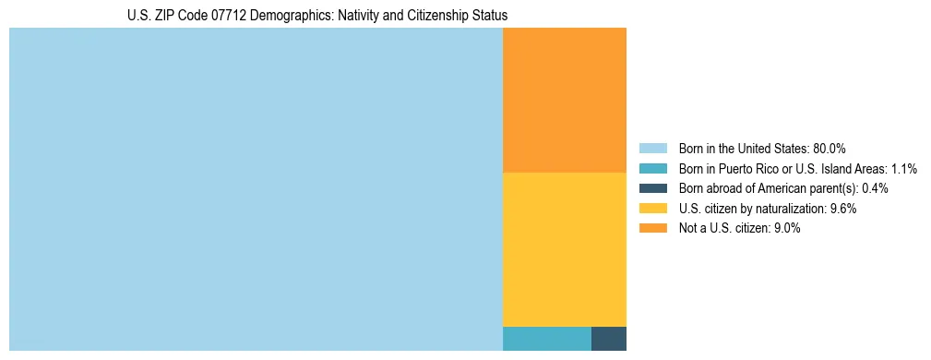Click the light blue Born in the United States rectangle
(256, 189)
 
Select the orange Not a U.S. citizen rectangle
(565, 100)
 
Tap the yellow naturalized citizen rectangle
(565, 249)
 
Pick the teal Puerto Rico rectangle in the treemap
(547, 339)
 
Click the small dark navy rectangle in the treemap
(609, 339)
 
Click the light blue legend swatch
(652, 149)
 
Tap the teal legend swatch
(652, 169)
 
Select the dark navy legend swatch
(652, 188)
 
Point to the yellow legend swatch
(652, 209)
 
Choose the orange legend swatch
(652, 228)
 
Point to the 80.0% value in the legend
(830, 149)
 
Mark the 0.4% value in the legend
(876, 188)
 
